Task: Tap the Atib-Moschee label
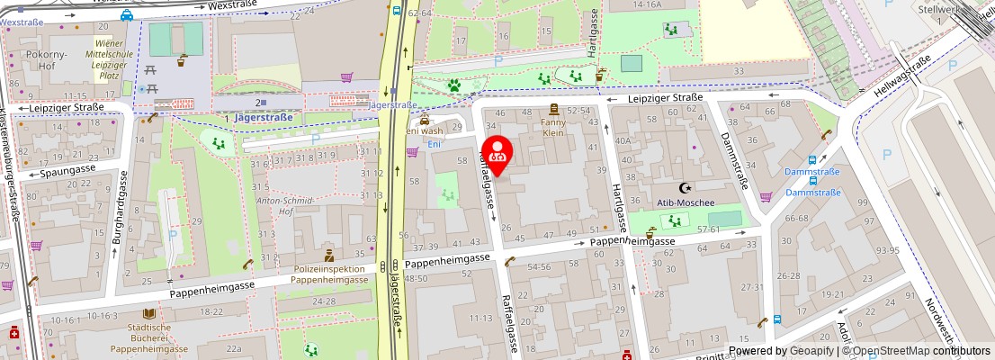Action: pyautogui.click(x=686, y=202)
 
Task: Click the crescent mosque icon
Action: pyautogui.click(x=686, y=187)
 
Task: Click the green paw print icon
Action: pyautogui.click(x=455, y=86)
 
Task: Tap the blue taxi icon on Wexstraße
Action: pyautogui.click(x=127, y=14)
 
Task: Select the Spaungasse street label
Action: pyautogui.click(x=68, y=172)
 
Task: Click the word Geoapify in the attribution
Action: pyautogui.click(x=811, y=351)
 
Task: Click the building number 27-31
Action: pyautogui.click(x=752, y=286)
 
